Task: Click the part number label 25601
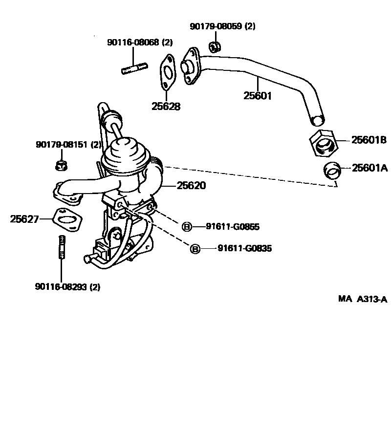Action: click(257, 96)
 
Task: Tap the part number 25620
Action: click(192, 186)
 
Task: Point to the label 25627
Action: click(24, 219)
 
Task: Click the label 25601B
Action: click(369, 141)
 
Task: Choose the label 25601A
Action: click(369, 168)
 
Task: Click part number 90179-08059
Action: click(216, 26)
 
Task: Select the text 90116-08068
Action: click(133, 43)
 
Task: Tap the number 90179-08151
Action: click(62, 145)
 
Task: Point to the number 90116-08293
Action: click(61, 287)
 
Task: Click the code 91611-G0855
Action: click(232, 227)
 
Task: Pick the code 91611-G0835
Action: click(244, 249)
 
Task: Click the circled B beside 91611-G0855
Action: click(187, 227)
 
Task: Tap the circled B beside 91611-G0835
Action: click(195, 249)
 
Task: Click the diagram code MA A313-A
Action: click(362, 299)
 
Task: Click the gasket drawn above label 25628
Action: click(167, 74)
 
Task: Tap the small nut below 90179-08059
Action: click(214, 47)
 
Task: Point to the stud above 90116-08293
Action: click(61, 248)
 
